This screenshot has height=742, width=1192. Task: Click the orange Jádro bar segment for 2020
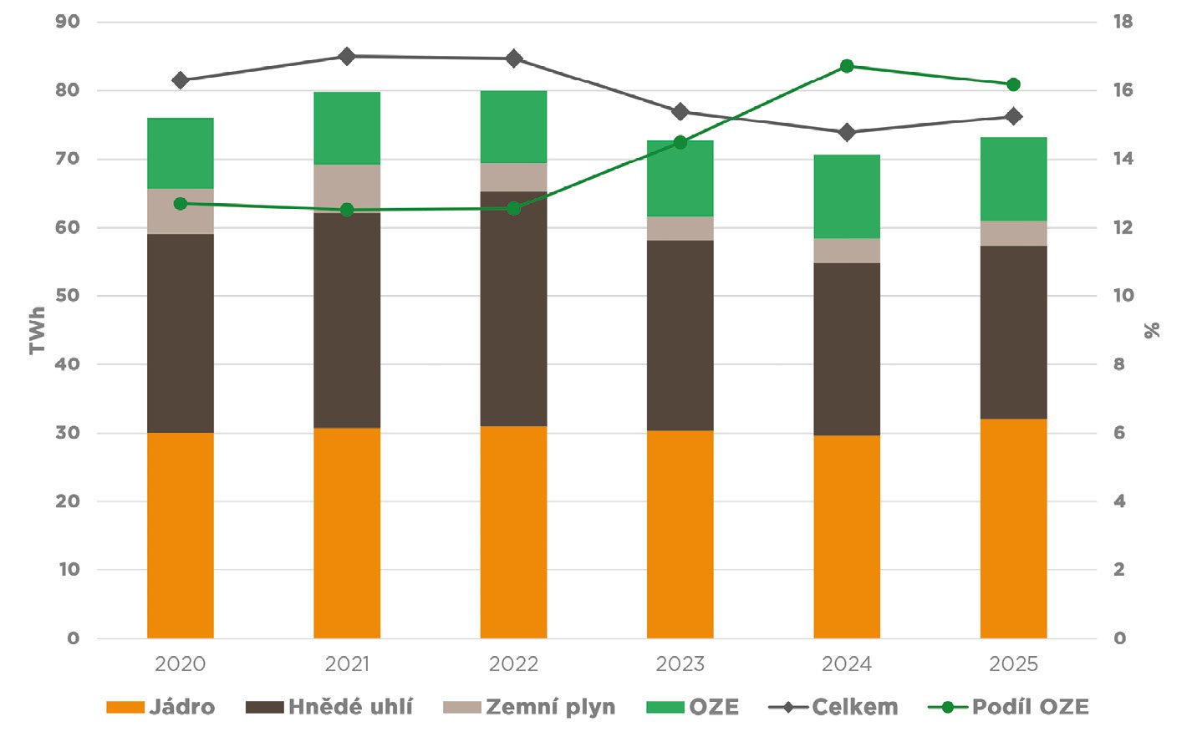tap(180, 535)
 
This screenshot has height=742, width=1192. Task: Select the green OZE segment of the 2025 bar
tap(1013, 179)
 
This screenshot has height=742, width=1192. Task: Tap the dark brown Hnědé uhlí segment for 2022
tap(513, 309)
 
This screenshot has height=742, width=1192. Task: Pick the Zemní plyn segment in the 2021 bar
tap(347, 188)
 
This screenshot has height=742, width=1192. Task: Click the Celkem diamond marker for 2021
tap(347, 56)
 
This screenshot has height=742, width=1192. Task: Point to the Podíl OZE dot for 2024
tap(847, 66)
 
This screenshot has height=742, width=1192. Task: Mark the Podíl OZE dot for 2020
tap(181, 203)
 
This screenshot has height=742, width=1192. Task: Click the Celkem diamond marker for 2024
tap(847, 132)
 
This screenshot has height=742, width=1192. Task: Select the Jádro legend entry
tap(160, 707)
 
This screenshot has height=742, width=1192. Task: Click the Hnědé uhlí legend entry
tap(329, 707)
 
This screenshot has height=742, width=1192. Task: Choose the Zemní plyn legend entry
tap(529, 707)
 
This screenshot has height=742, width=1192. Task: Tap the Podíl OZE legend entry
tap(1009, 707)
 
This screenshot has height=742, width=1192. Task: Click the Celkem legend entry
tap(833, 707)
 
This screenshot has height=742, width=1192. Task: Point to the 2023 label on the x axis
tap(680, 664)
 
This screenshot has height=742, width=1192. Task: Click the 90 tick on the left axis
tap(68, 22)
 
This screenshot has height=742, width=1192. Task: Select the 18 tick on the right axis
tap(1123, 22)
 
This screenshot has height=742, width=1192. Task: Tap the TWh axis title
tap(38, 330)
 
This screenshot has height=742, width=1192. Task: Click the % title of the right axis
tap(1153, 331)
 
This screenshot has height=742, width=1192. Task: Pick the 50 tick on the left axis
tap(68, 296)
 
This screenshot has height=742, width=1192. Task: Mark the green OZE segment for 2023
tap(680, 178)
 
